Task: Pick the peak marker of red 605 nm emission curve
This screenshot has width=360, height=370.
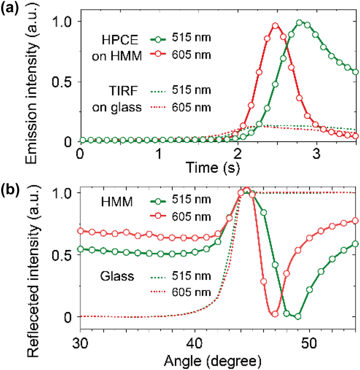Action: pos(275,26)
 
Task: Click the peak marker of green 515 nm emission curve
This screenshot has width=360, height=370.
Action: pos(299,23)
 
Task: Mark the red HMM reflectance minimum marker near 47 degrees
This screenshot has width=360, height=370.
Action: pos(274,314)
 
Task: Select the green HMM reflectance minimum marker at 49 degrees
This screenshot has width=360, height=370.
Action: pos(298,316)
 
